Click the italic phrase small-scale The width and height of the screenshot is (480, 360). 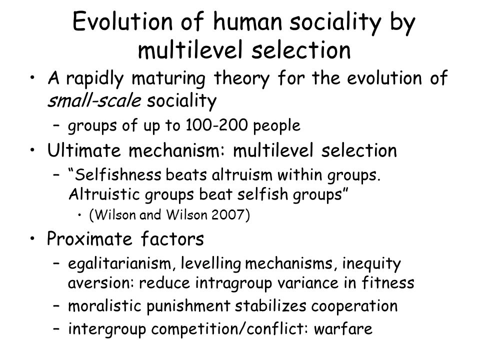click(94, 100)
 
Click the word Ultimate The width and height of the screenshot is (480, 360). click(84, 150)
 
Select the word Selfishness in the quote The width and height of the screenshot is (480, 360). click(118, 175)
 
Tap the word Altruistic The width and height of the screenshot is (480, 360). click(104, 194)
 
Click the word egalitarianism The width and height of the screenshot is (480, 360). click(119, 263)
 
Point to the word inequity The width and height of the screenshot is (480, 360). click(371, 264)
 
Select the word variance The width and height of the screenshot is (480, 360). click(307, 282)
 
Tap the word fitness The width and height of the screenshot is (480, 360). click(388, 282)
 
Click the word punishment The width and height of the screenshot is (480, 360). click(188, 306)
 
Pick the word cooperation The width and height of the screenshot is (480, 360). click(354, 306)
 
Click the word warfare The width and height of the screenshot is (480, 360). click(343, 329)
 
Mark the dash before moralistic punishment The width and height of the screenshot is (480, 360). click(56, 306)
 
